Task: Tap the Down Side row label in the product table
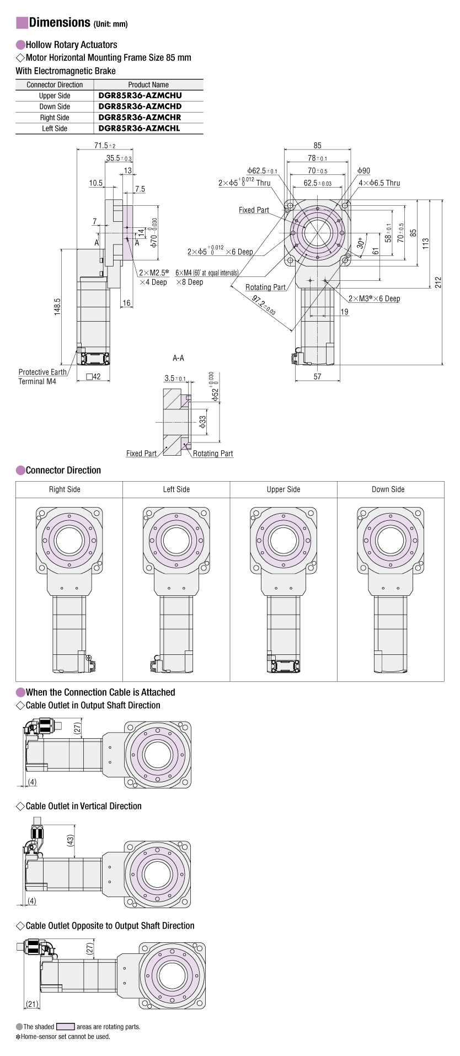(55, 106)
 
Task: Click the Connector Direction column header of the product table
(55, 84)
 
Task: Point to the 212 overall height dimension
(438, 282)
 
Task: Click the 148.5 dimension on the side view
(57, 307)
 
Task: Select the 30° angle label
(361, 243)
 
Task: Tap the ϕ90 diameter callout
(363, 171)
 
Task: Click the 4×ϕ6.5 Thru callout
(379, 183)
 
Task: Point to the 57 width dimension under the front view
(317, 376)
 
